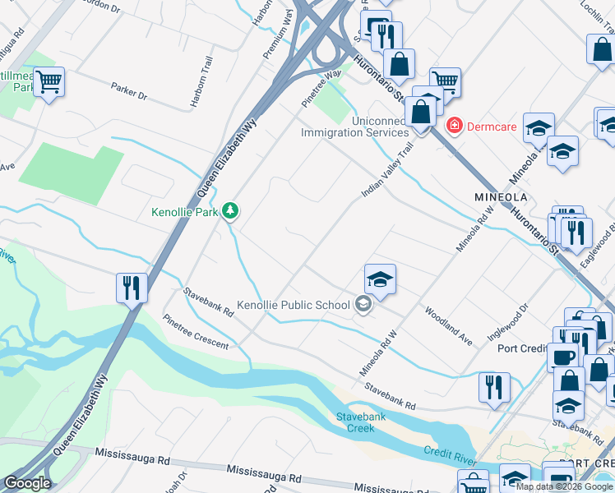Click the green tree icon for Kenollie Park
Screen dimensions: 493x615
[x=232, y=211]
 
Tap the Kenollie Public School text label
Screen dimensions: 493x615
[x=294, y=306]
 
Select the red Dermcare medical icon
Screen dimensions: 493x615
[x=452, y=126]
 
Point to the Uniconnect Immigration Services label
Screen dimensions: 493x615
[x=355, y=127]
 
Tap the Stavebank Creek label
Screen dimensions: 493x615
[x=355, y=422]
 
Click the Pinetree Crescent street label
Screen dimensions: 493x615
[x=196, y=332]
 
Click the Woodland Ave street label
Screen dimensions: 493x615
[x=449, y=326]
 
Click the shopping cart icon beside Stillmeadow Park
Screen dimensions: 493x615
[x=49, y=81]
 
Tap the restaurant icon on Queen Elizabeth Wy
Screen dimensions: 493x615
[x=132, y=288]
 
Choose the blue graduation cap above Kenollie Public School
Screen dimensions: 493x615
[x=380, y=279]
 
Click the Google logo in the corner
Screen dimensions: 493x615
[x=27, y=483]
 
